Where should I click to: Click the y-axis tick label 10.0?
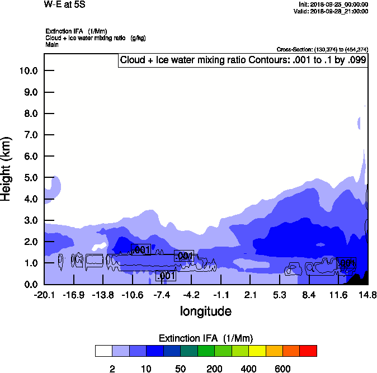[28, 70]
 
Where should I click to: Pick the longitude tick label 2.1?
[250, 295]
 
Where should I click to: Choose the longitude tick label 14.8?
[367, 295]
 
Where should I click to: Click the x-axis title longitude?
[205, 311]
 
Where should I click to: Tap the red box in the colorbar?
[308, 351]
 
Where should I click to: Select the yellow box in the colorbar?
[257, 351]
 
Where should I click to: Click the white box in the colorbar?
[103, 351]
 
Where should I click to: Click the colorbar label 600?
[282, 369]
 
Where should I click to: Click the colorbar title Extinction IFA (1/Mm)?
[206, 338]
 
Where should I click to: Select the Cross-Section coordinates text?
[322, 49]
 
